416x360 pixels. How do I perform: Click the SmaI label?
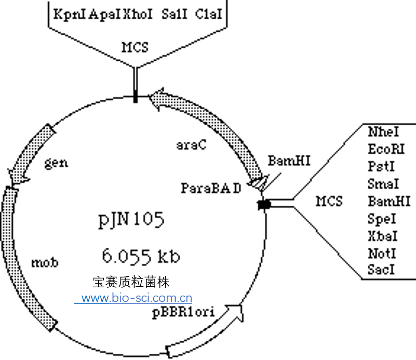click(383, 184)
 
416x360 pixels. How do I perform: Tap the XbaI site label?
click(382, 236)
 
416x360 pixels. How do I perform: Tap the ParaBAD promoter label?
click(211, 188)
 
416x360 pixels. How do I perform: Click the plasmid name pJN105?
click(131, 220)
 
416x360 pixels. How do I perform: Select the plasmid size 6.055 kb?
click(141, 256)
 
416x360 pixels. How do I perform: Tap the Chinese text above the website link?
click(131, 283)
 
